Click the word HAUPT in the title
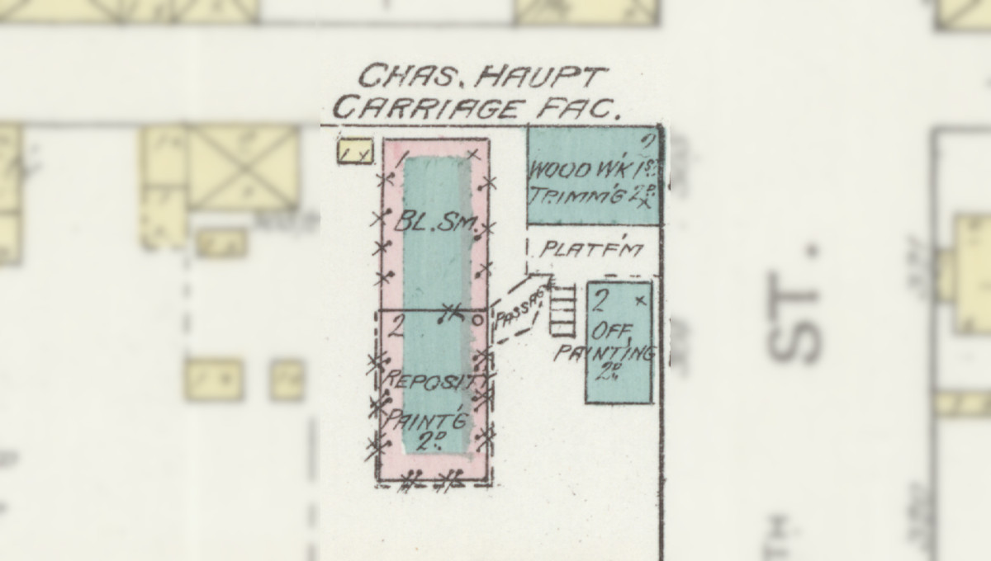[x=543, y=78]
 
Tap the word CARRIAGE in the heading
[x=428, y=108]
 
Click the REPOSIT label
[x=429, y=383]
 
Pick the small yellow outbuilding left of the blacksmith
[x=355, y=152]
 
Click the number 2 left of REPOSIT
[x=396, y=328]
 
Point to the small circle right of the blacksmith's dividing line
[x=477, y=319]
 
